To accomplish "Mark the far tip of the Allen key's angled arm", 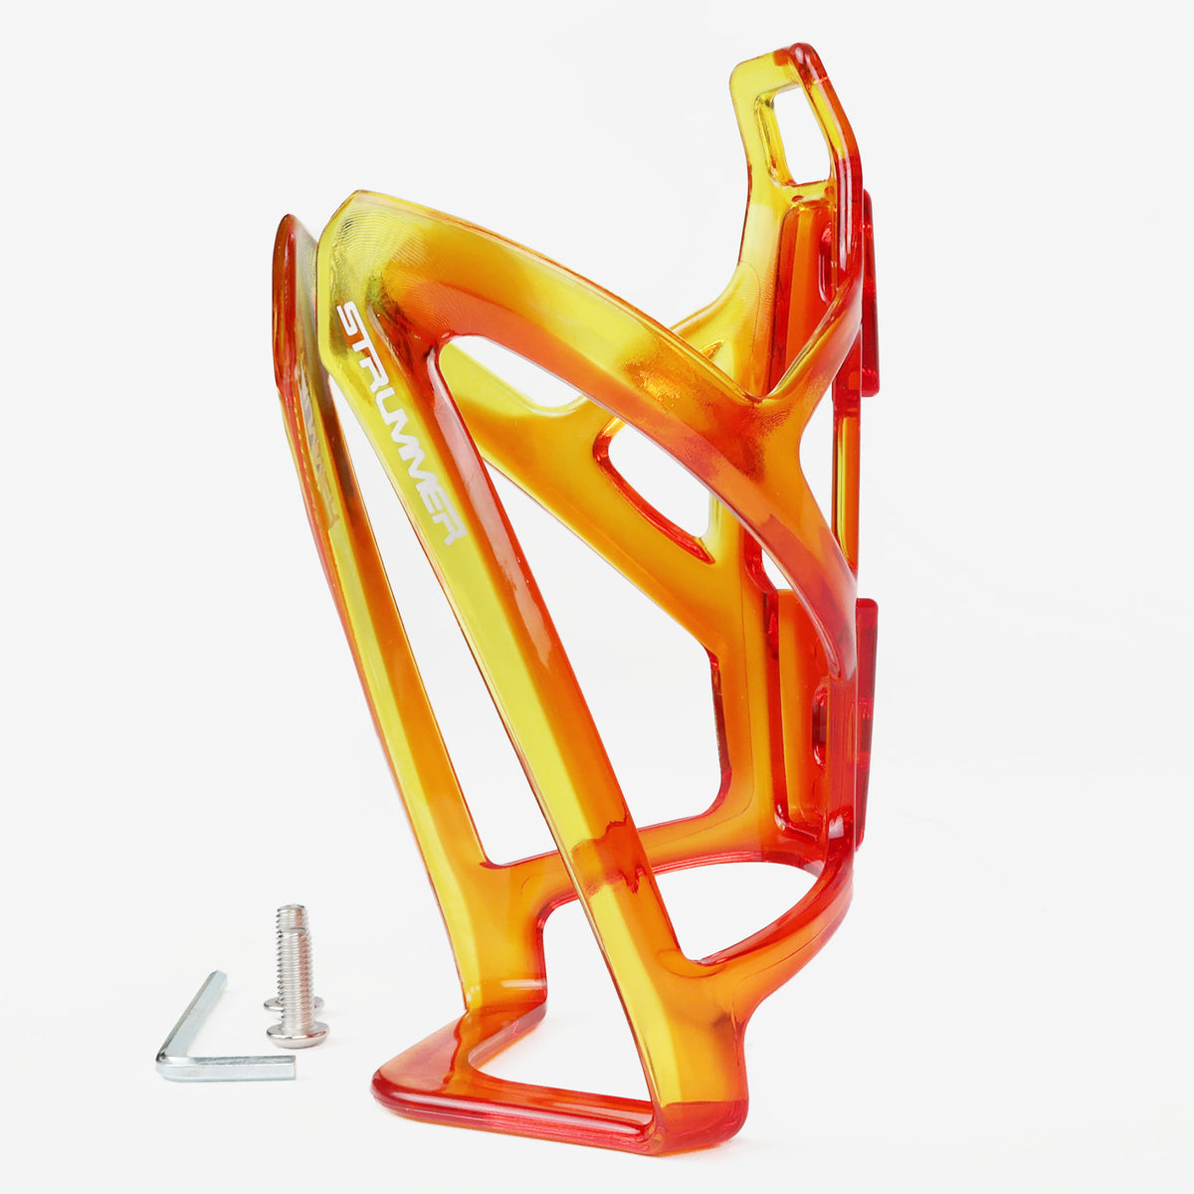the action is tap(218, 979).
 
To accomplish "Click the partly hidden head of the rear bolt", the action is tap(292, 1003).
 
